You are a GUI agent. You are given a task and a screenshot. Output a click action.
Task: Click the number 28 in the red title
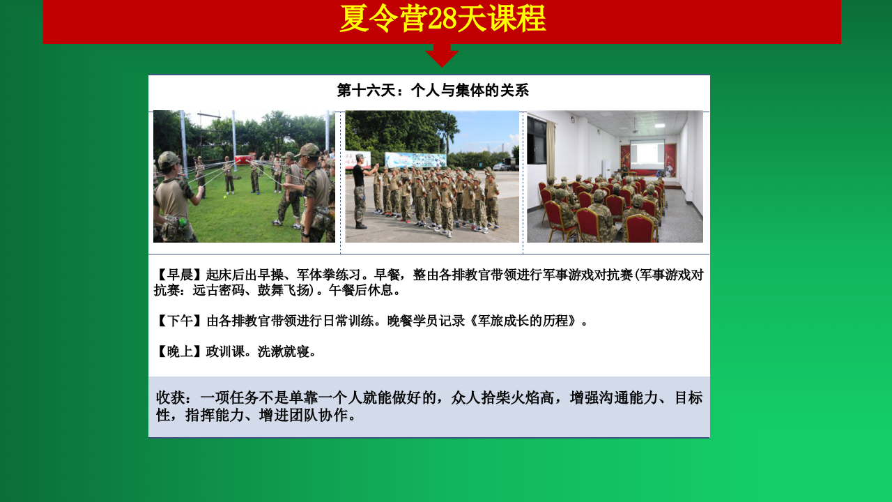click(x=442, y=19)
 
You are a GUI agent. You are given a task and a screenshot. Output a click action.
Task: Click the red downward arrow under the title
click(x=442, y=55)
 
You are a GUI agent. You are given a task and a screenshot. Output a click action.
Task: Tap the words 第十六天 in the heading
click(x=367, y=91)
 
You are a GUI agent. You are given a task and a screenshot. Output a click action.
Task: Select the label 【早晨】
click(x=180, y=275)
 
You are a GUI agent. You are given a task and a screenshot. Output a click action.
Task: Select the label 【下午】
click(x=180, y=321)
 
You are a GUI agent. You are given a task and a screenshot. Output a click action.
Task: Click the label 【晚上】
click(x=180, y=351)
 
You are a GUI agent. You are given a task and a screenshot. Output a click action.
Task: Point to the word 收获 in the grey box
click(x=171, y=397)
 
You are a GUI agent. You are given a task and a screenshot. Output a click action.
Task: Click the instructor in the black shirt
click(x=361, y=191)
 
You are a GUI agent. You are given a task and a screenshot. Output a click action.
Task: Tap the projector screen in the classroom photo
click(x=647, y=153)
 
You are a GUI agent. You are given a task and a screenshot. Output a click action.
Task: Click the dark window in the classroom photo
click(x=536, y=141)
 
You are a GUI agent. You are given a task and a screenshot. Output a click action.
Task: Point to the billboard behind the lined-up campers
click(x=415, y=160)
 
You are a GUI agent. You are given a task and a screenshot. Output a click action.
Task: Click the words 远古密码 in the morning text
click(x=218, y=290)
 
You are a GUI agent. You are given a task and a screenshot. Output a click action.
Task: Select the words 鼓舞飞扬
click(x=283, y=290)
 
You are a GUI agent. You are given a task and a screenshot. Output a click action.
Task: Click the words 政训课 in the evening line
click(x=225, y=351)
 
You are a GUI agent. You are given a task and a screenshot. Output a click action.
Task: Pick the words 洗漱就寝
click(x=283, y=351)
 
